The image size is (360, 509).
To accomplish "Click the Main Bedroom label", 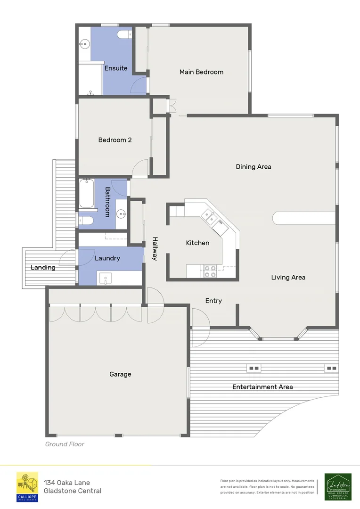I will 201,72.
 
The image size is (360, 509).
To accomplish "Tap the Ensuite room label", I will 116,68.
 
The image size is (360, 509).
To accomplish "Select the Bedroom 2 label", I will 115,140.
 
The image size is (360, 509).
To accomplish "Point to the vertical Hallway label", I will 155,249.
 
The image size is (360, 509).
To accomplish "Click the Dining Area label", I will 254,167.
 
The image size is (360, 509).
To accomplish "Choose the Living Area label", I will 288,278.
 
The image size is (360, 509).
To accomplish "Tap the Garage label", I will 120,375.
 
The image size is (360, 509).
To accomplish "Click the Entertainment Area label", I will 262,387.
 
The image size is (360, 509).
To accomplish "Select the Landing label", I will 43,268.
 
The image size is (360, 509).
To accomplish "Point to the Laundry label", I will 107,258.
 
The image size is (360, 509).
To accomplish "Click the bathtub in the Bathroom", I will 87,194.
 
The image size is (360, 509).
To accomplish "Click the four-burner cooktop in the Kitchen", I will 210,271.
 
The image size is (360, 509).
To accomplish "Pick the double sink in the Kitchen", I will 208,216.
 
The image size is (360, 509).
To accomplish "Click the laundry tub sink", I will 106,278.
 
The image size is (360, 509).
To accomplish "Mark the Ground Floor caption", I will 65,444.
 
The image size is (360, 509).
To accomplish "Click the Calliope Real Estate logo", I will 27,486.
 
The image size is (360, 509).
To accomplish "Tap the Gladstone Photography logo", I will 338,486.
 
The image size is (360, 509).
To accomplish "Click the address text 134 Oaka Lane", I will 67,483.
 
